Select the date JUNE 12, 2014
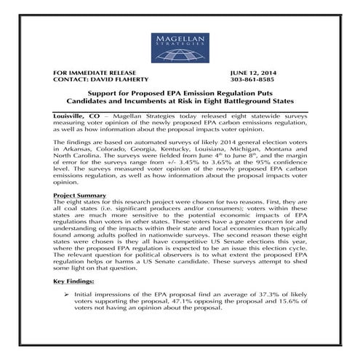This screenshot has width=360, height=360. tap(253, 73)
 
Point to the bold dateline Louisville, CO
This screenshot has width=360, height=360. tap(78, 118)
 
